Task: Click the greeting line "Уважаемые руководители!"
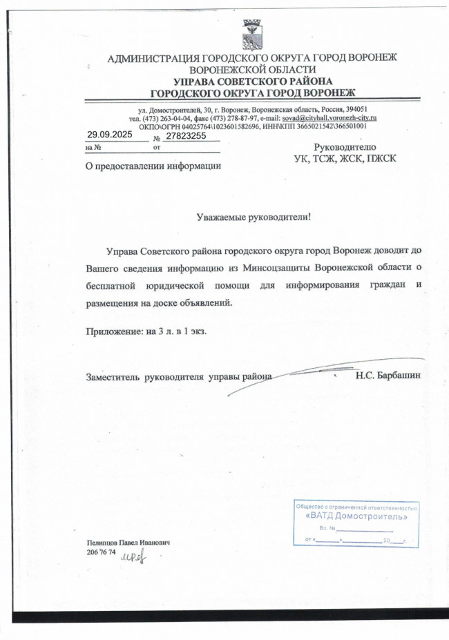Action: coord(254,217)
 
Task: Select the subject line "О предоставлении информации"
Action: coord(153,166)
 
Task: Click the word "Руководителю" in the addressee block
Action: coord(345,147)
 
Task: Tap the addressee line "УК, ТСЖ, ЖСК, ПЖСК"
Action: coord(345,158)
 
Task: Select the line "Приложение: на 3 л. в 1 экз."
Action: coord(146,331)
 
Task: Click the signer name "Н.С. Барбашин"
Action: coord(388,376)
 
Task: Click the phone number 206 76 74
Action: coord(101,552)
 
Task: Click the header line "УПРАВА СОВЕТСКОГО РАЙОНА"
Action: coord(253,81)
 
